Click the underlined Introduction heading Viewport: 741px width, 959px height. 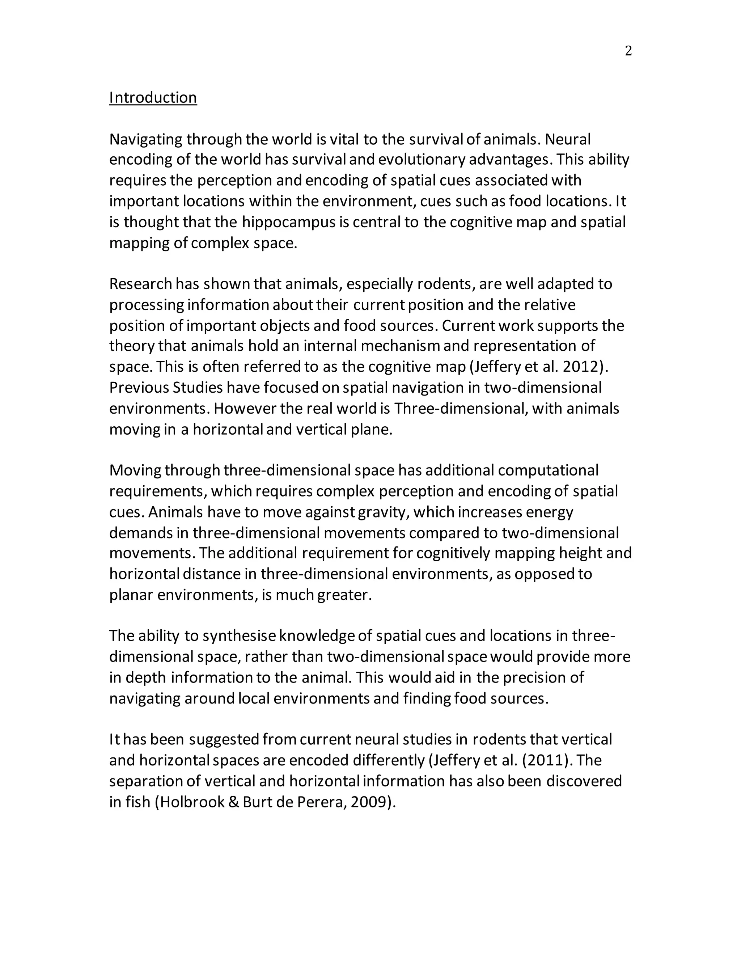coord(153,97)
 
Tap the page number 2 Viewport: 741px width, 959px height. coord(628,51)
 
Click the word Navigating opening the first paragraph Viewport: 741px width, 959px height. coord(146,140)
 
